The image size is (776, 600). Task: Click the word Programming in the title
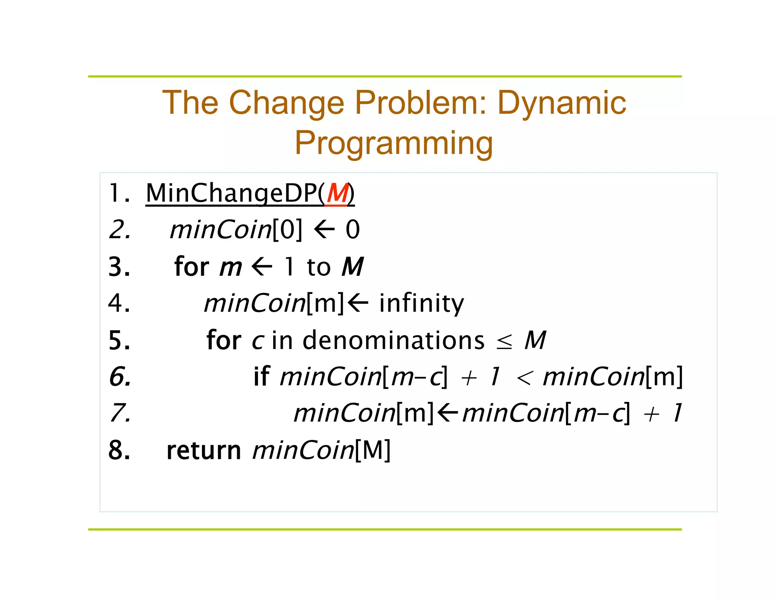point(394,143)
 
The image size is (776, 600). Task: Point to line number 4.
point(119,303)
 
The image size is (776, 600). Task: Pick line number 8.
point(119,451)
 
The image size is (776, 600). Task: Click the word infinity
point(421,303)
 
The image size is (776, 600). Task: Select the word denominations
point(393,340)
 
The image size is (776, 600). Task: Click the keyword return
point(204,451)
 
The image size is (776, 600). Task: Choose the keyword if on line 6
point(261,377)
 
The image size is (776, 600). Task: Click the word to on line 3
point(319,267)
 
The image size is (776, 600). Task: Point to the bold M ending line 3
point(353,267)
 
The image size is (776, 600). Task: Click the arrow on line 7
point(447,413)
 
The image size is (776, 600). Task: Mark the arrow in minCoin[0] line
point(324,230)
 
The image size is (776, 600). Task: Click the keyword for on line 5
point(224,340)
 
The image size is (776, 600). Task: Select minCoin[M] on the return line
point(321,451)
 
